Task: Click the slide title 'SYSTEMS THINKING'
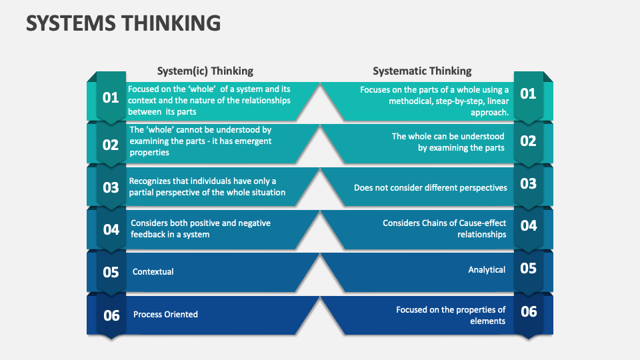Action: point(123,23)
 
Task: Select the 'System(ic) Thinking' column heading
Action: point(205,71)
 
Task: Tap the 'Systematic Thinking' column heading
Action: point(422,71)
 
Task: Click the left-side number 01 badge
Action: point(111,97)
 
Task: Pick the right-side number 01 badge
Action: point(528,93)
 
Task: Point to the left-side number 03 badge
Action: point(111,187)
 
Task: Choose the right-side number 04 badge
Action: point(528,225)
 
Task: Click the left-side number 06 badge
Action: point(111,315)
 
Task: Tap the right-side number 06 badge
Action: point(528,311)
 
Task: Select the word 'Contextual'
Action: point(153,272)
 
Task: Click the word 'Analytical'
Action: point(487,269)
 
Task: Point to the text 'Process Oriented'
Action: point(165,314)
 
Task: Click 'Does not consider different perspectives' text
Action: point(430,187)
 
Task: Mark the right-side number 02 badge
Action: point(528,141)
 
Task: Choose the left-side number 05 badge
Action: point(111,272)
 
